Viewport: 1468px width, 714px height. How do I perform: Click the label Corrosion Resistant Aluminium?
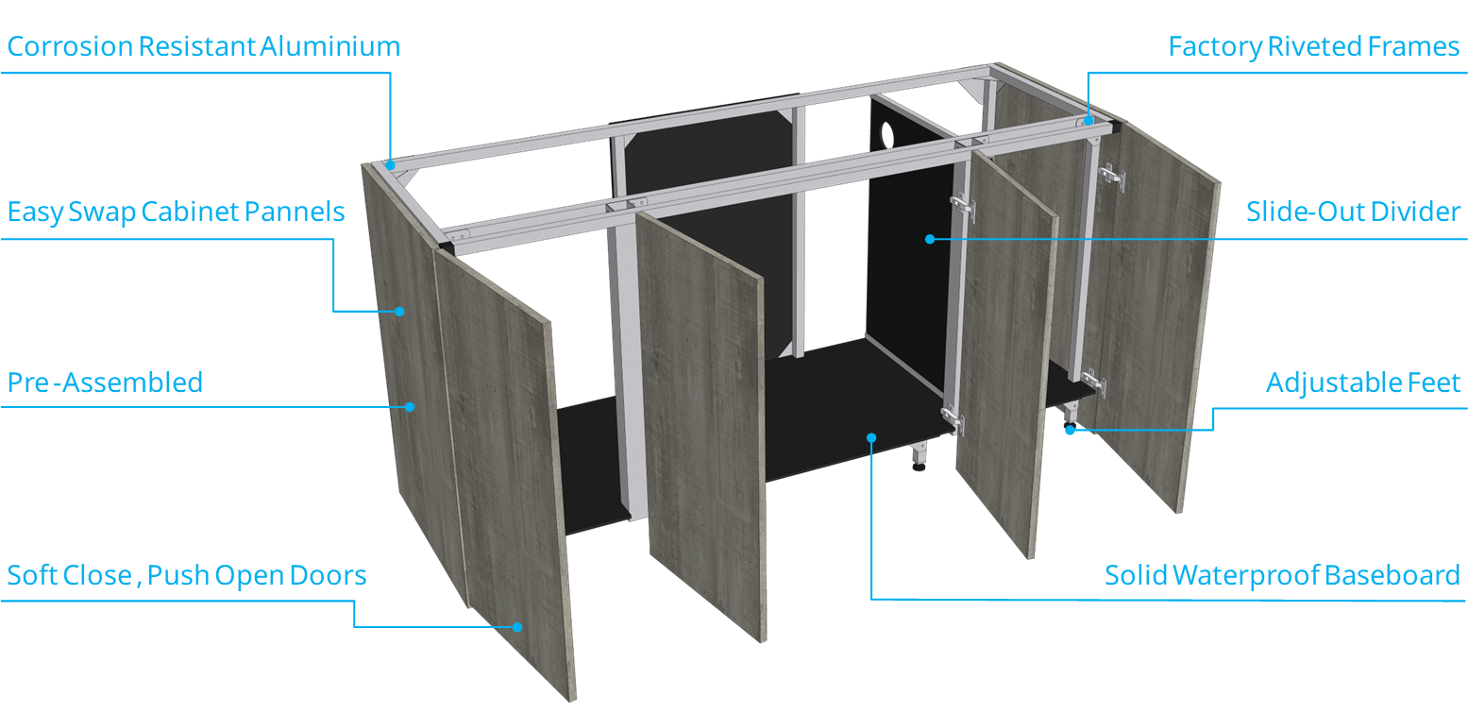(x=203, y=46)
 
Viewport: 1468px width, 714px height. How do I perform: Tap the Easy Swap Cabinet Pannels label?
(x=176, y=212)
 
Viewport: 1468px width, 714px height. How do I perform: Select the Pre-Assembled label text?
(x=105, y=382)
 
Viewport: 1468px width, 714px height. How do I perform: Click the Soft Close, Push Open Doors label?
(x=186, y=576)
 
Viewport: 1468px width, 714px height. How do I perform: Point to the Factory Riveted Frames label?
(x=1314, y=47)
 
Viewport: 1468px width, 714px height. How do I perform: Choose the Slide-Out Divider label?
(x=1354, y=212)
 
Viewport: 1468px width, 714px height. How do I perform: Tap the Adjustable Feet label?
(x=1363, y=382)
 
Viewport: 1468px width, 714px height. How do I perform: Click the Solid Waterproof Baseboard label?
(x=1283, y=576)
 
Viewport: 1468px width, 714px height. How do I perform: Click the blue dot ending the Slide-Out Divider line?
(x=930, y=239)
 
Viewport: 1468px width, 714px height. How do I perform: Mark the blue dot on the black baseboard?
(x=871, y=438)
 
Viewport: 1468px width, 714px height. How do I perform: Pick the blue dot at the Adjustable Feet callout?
(x=1071, y=430)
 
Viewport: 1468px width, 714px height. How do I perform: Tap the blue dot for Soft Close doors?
(x=517, y=627)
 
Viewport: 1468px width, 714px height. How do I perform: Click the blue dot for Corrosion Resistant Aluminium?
(x=391, y=165)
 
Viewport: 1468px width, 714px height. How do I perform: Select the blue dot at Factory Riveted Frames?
(x=1088, y=121)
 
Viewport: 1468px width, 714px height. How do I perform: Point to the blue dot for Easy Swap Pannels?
(x=399, y=312)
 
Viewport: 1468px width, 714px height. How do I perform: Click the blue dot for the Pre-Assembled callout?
(x=410, y=407)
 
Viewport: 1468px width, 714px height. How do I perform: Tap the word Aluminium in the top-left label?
(x=329, y=46)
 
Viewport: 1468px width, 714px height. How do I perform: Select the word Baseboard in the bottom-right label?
(x=1392, y=576)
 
